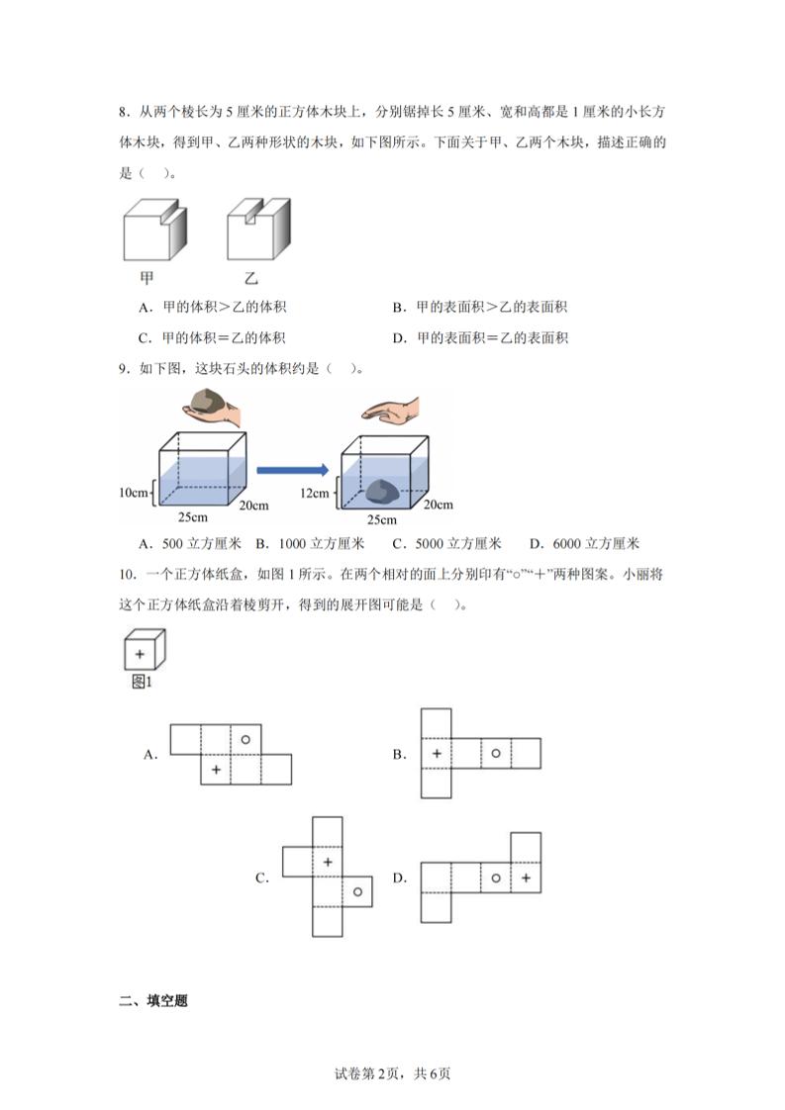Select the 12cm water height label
(x=316, y=492)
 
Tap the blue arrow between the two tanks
(x=291, y=471)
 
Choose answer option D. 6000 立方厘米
(x=584, y=543)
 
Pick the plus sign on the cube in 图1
(x=140, y=654)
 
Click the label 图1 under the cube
(x=142, y=682)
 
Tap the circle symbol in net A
(x=245, y=738)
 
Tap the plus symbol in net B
(x=436, y=753)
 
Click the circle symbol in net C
(x=357, y=891)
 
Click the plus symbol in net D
(x=526, y=878)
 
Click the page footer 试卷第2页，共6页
(x=393, y=1073)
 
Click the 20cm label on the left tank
(x=253, y=505)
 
